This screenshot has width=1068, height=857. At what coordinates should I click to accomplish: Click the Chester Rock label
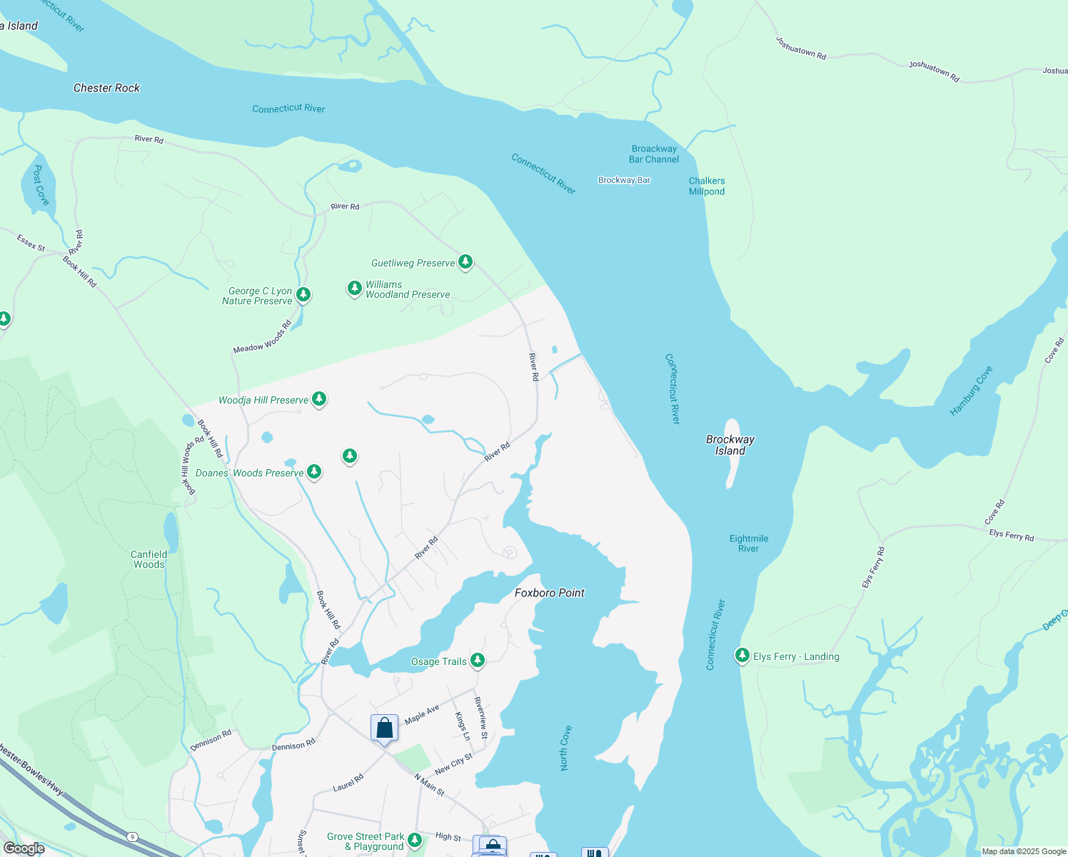tap(106, 88)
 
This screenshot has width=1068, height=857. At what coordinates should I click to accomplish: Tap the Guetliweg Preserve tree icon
tap(465, 262)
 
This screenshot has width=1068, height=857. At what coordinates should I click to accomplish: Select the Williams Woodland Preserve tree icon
tap(355, 288)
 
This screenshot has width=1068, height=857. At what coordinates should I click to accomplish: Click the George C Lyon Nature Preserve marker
tap(303, 294)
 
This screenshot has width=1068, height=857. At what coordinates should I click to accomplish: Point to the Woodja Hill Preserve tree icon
tap(319, 399)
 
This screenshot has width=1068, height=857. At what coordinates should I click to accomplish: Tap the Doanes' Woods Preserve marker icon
tap(313, 471)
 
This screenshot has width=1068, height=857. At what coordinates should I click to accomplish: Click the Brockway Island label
tap(730, 445)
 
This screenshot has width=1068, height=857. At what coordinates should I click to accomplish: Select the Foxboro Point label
tap(549, 593)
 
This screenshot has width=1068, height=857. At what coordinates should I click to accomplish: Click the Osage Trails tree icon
tap(478, 661)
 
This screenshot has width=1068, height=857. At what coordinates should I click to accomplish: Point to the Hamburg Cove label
tap(971, 391)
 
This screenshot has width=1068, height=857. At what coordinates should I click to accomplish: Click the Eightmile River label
tap(748, 543)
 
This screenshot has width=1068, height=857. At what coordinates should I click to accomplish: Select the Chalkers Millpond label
tap(706, 186)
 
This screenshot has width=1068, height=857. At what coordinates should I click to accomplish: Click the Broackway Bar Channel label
tap(653, 154)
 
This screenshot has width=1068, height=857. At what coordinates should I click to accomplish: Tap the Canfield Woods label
tap(148, 559)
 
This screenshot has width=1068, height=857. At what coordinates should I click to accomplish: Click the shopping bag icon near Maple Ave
tap(384, 728)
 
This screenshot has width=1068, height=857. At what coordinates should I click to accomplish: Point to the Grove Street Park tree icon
tap(415, 841)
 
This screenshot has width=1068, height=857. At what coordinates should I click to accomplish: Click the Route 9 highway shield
tap(131, 836)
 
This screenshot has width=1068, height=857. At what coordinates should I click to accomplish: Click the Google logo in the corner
tap(24, 848)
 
